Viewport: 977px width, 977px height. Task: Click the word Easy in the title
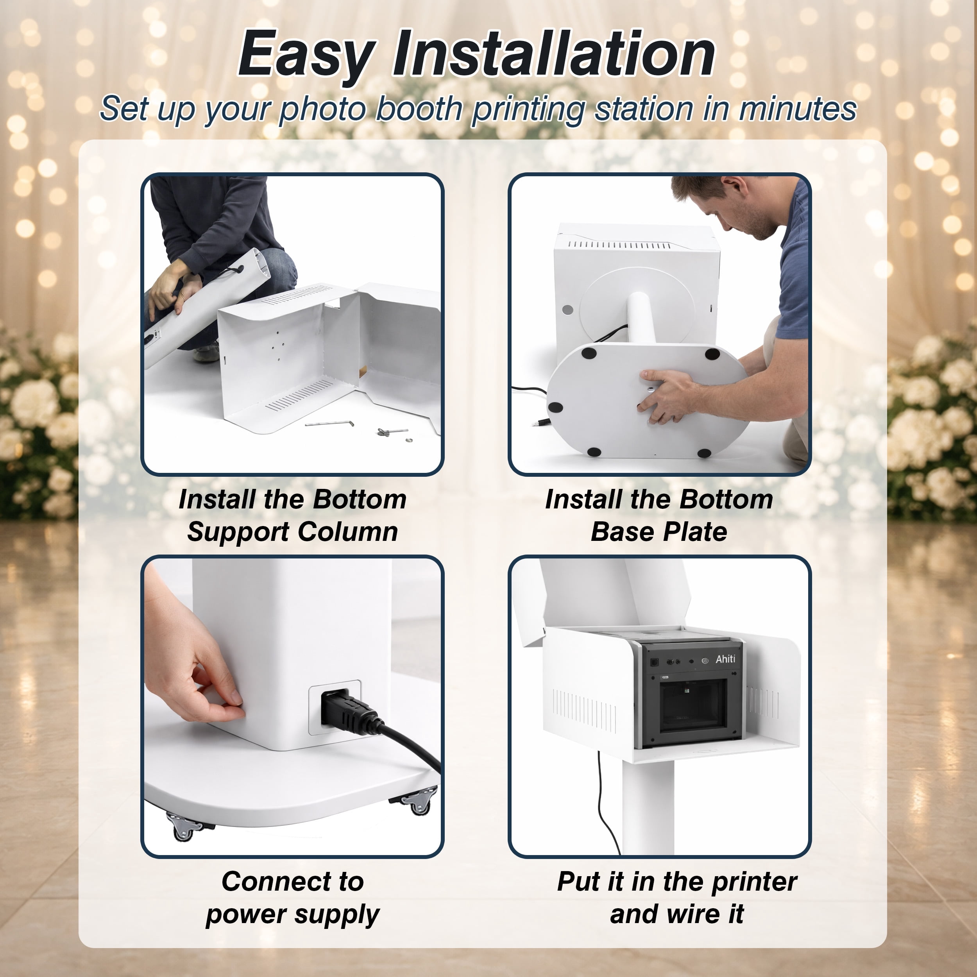(x=307, y=55)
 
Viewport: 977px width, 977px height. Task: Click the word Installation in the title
(x=554, y=53)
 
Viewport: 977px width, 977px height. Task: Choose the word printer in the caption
(x=755, y=882)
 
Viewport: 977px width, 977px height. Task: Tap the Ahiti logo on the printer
(x=725, y=659)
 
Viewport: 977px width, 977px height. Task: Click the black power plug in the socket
(x=349, y=711)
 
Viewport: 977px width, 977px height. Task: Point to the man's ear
(x=739, y=186)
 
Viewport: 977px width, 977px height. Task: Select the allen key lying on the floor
(x=329, y=423)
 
